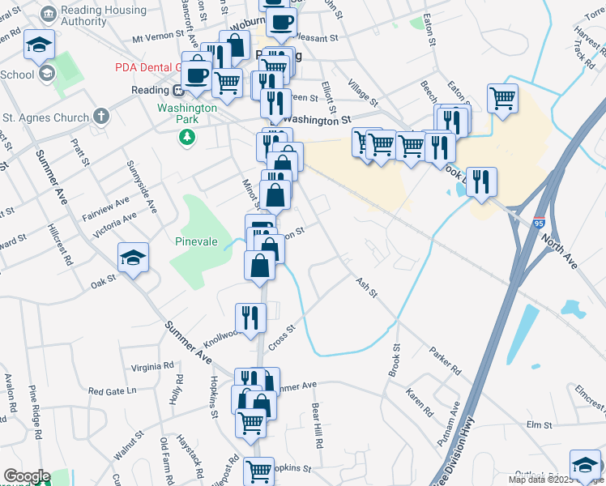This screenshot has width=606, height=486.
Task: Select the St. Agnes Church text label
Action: (45, 118)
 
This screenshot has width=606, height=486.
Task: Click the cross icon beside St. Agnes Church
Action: (100, 117)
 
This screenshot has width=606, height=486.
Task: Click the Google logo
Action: (26, 476)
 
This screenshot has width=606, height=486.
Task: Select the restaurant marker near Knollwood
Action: (250, 319)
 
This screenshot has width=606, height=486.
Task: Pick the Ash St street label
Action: (367, 286)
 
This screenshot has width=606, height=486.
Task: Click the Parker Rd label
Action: (445, 361)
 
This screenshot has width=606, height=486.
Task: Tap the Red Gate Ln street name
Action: (112, 391)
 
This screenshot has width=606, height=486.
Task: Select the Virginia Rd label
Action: (156, 367)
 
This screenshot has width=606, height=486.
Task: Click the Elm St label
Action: (539, 424)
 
